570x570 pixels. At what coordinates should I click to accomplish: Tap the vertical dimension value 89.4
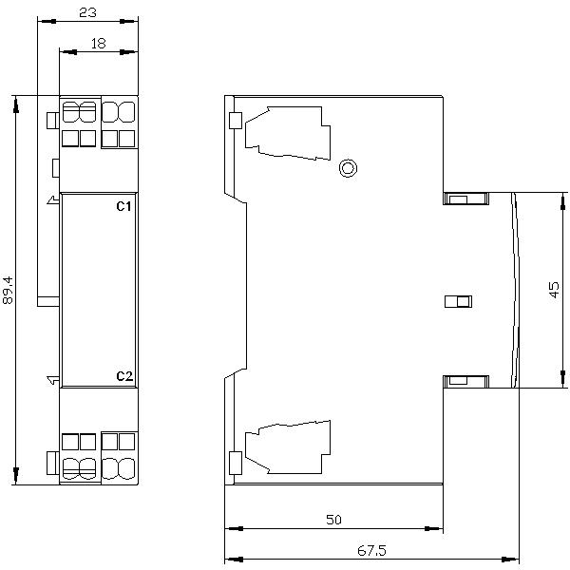click(8, 290)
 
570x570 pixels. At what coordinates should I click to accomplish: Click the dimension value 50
click(332, 520)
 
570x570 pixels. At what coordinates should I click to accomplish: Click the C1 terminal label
click(123, 206)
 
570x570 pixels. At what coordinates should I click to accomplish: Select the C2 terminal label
click(123, 376)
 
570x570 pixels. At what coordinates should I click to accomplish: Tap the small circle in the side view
click(348, 169)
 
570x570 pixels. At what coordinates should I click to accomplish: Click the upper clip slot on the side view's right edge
click(465, 199)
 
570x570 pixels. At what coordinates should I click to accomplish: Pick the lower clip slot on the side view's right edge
click(465, 381)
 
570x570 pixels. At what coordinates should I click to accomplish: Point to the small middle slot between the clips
click(458, 302)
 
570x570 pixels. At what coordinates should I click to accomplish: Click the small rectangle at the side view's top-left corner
click(235, 121)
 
